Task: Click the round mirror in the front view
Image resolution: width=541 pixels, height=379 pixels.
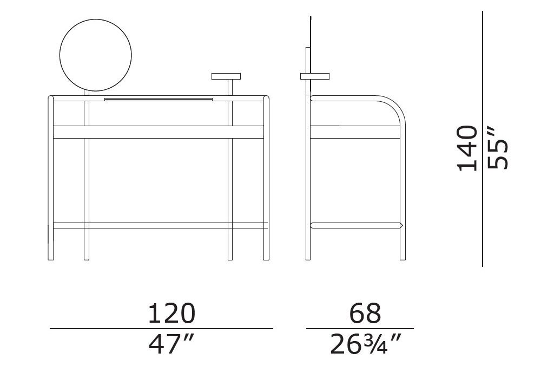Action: coord(96,55)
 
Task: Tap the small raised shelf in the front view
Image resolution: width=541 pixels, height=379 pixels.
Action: coord(226,76)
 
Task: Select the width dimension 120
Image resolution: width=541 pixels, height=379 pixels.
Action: coord(171,313)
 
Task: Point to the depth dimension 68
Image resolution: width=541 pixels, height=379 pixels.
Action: coord(365,313)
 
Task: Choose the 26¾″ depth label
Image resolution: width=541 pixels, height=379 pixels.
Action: coord(366,344)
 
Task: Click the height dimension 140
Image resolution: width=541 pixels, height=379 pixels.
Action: coord(467,148)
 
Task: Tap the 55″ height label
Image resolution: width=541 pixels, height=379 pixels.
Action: coord(498,148)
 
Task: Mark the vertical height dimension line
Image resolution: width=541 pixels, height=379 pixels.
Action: coord(483,139)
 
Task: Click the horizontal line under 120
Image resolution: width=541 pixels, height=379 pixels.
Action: coord(161,329)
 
